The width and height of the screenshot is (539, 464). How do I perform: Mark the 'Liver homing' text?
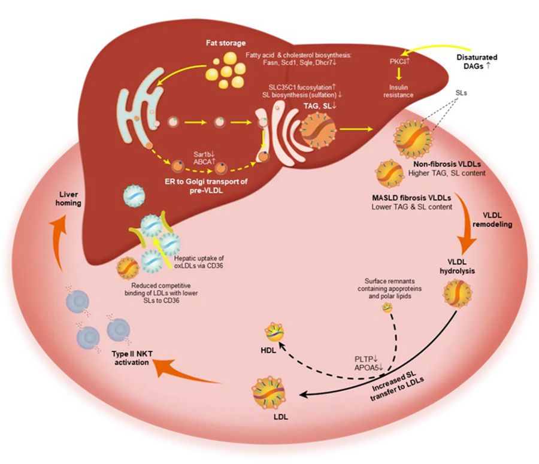point(72,198)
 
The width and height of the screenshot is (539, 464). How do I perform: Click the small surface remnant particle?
point(387,307)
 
